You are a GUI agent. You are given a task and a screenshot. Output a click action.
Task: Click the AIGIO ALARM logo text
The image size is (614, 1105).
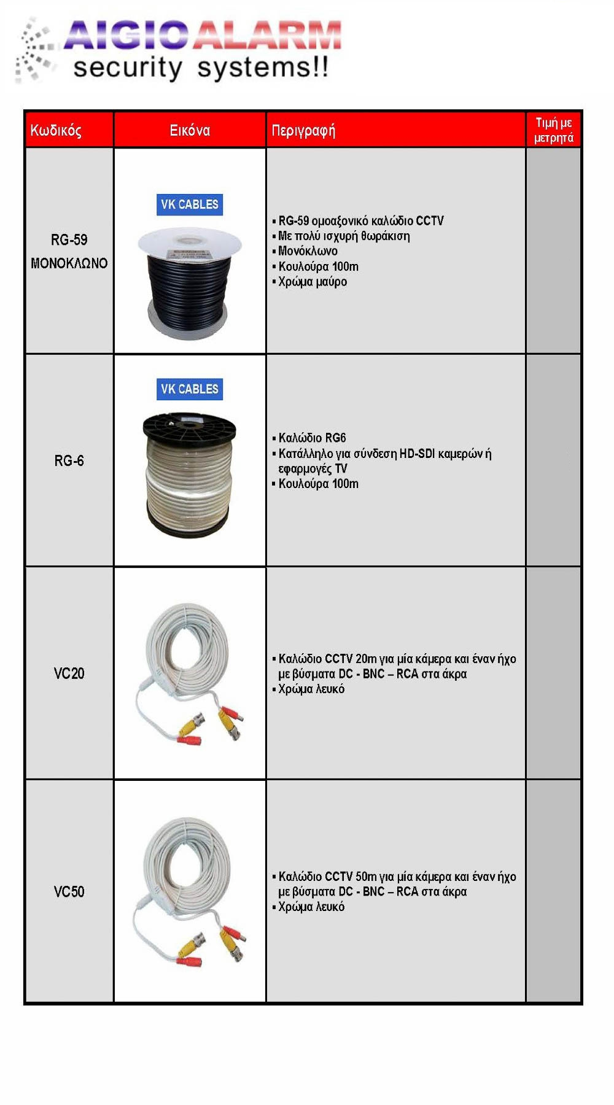coord(203,35)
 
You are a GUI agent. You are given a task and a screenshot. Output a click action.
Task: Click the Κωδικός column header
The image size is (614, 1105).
coord(56,130)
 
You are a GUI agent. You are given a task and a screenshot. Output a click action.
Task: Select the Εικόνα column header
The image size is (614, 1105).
coord(190,130)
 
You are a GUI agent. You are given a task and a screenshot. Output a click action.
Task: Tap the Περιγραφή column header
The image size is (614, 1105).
coord(303,130)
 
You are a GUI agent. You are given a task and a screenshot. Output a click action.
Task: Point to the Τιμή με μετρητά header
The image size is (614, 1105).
coord(553,130)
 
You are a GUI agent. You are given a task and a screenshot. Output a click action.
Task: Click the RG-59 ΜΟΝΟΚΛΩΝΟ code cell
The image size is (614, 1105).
coord(69,251)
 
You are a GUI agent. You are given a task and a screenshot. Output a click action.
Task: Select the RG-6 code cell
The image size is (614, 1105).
coord(69,460)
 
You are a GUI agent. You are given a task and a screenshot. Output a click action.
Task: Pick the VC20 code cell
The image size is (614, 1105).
coord(69,673)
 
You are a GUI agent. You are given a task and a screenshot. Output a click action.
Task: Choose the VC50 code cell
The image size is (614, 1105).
coord(69,891)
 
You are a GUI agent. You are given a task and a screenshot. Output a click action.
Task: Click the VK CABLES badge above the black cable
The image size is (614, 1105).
coord(190,204)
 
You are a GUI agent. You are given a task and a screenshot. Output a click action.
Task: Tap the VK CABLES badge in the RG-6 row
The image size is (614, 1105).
coord(190,389)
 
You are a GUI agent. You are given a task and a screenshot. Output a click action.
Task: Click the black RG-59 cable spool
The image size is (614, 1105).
coord(189,282)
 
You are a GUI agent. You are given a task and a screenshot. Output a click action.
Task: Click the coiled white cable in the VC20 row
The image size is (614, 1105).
coord(189,669)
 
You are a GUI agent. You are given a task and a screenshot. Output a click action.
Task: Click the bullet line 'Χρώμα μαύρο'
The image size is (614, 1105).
coord(312,282)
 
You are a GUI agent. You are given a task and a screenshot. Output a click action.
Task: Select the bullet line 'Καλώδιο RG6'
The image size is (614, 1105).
coord(312,438)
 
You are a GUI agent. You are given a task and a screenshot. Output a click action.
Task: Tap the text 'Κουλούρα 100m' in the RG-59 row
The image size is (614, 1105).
coord(318,266)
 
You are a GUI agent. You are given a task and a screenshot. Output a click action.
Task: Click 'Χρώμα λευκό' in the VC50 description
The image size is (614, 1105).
coord(311,907)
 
